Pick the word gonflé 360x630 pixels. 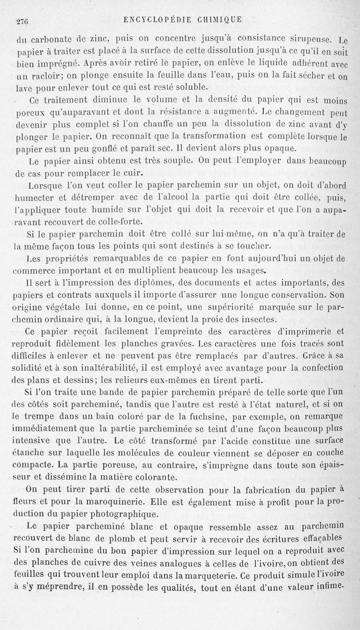[95, 148]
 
